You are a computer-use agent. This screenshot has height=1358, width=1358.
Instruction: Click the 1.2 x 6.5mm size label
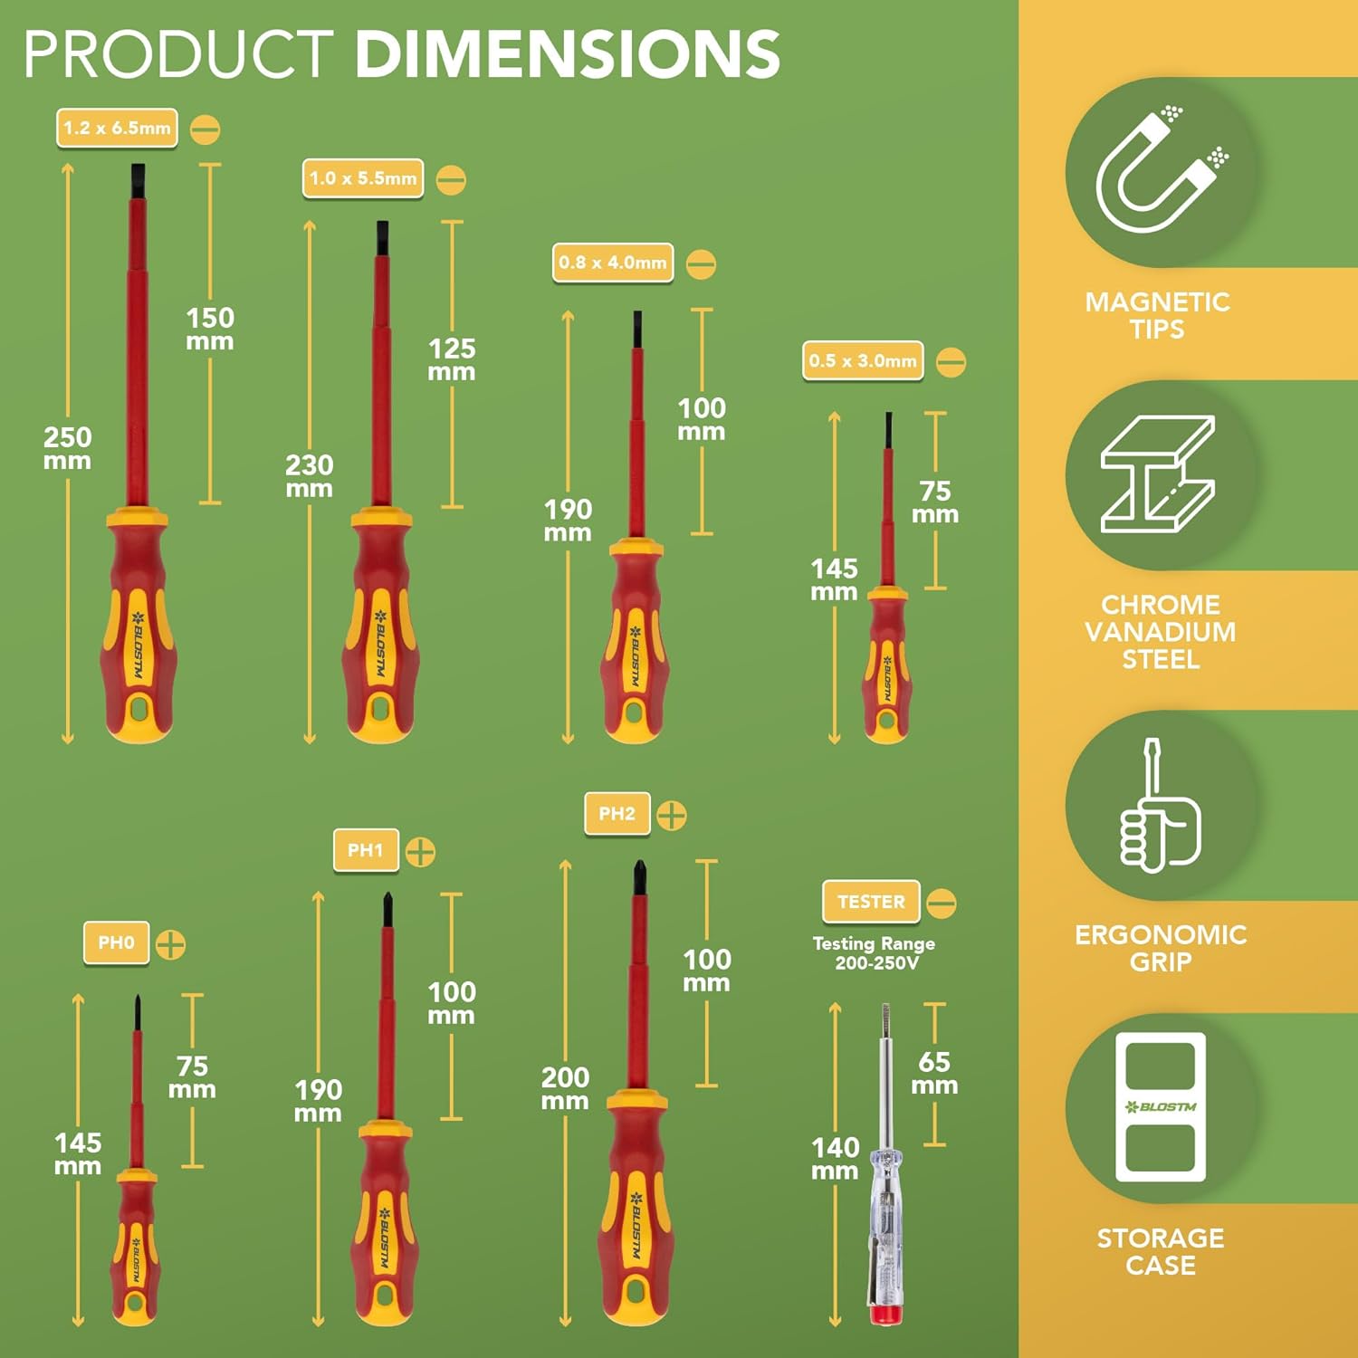coord(117,129)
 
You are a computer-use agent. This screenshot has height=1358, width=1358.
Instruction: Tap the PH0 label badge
coord(117,943)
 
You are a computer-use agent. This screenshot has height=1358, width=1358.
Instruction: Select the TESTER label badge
coord(871,902)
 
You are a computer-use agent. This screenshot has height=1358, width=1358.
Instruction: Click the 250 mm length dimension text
coord(68,448)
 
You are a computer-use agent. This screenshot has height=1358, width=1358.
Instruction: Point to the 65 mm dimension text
coord(934,1073)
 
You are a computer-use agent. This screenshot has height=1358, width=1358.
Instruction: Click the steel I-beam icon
coord(1158,474)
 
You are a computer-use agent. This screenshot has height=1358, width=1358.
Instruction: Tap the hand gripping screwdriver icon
coord(1160,805)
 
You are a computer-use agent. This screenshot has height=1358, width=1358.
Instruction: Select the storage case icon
coord(1161,1107)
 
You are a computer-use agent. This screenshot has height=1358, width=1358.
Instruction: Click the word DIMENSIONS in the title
coord(568,54)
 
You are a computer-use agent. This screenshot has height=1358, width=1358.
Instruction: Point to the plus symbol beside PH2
coord(671,816)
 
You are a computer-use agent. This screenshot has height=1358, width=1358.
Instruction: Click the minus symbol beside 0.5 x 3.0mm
coord(951,362)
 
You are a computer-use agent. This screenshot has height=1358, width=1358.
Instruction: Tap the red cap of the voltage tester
coord(885,1315)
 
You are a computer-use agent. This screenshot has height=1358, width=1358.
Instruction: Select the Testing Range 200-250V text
coord(875,953)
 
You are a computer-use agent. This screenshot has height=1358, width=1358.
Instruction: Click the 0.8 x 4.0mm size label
coord(613,263)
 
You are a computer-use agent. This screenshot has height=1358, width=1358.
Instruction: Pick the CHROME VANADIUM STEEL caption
coord(1161,632)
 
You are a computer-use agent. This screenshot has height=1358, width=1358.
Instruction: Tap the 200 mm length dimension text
coord(565,1089)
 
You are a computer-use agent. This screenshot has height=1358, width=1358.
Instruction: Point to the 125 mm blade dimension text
coord(452,360)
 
